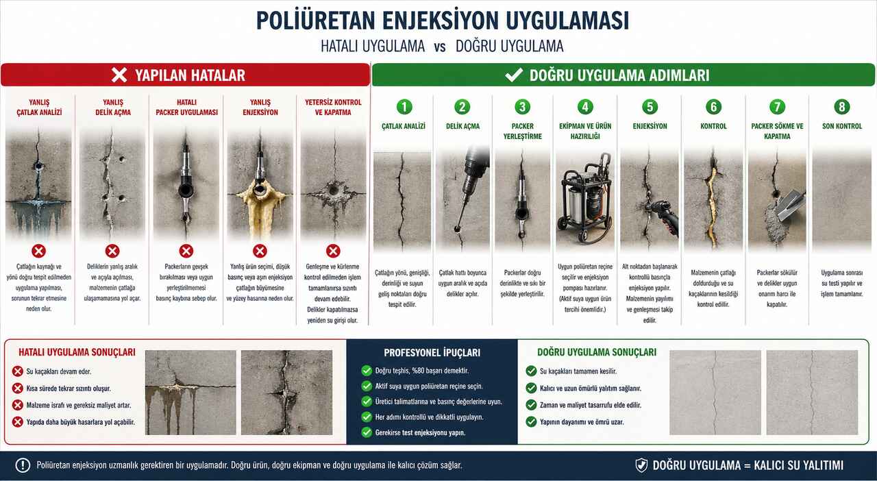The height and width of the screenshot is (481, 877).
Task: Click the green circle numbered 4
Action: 585,106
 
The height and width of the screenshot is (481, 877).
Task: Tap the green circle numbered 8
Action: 842,106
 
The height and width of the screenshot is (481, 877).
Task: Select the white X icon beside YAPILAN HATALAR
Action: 119,75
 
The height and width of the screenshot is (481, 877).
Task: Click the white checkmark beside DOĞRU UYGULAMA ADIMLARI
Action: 514,75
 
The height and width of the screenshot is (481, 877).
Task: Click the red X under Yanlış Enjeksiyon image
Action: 260,251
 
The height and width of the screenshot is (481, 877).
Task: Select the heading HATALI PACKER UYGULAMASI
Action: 187,108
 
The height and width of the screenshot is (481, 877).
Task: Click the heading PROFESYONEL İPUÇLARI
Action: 432,352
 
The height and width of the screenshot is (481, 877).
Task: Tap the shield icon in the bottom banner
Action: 641,465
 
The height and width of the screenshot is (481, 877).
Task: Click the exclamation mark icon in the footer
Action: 23,465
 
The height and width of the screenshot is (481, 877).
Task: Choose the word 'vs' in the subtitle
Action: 440,47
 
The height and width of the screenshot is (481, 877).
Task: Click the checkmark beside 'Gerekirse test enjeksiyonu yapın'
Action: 367,432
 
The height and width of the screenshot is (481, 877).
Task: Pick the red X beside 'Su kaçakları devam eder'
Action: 18,371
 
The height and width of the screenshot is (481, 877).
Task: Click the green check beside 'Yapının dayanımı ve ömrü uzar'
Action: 531,422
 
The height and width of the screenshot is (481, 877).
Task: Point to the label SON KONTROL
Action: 842,126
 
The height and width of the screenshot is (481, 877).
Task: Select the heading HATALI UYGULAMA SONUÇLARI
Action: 77,352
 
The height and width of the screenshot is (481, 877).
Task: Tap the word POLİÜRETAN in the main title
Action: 316,21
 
